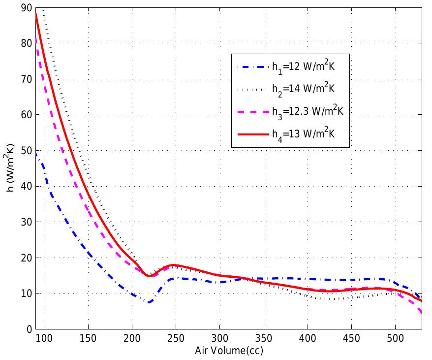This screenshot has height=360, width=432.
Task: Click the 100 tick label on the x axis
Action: click(x=44, y=339)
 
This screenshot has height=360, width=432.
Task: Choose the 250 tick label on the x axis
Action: click(x=176, y=339)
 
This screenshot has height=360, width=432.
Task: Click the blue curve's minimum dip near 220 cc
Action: click(x=149, y=302)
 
